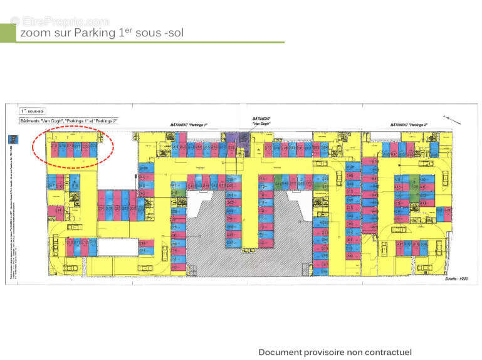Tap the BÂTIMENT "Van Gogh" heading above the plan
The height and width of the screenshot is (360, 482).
click(x=261, y=121)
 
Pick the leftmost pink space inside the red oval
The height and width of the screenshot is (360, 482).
click(x=55, y=149)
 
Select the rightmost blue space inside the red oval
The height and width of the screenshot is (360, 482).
click(x=93, y=149)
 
